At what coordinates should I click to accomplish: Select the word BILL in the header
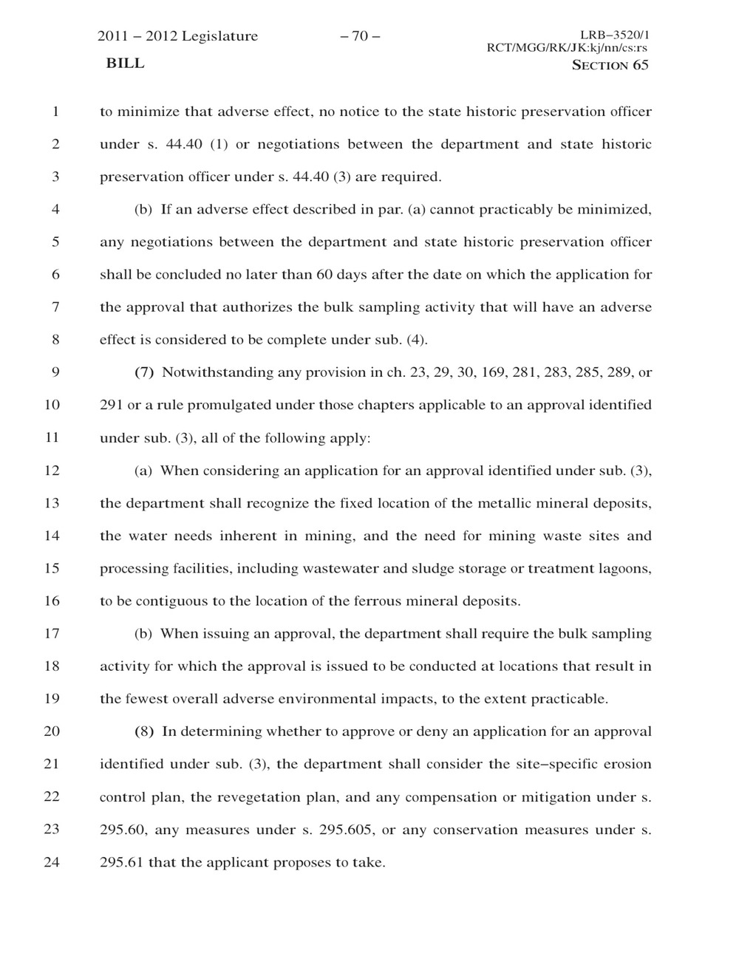click(x=125, y=64)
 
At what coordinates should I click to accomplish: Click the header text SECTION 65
click(x=610, y=65)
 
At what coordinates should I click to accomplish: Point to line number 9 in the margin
click(x=55, y=372)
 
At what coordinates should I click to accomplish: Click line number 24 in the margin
click(x=51, y=861)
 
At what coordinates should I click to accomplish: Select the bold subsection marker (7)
click(x=144, y=372)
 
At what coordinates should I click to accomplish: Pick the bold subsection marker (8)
click(x=144, y=731)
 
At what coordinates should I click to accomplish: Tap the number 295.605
click(x=346, y=830)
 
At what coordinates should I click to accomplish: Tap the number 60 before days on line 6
click(x=324, y=275)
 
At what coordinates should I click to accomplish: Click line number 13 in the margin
click(x=51, y=503)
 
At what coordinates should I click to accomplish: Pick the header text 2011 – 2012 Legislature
click(x=178, y=36)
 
